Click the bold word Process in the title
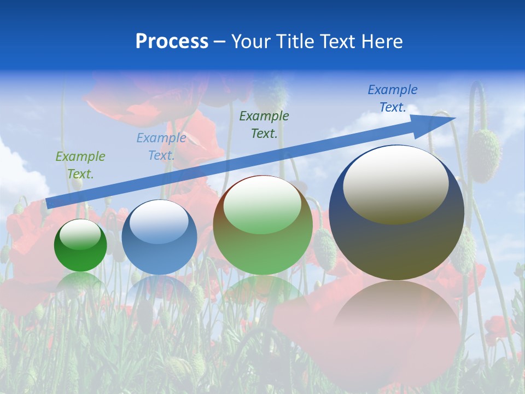(x=172, y=41)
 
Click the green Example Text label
(x=80, y=165)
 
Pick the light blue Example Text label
(x=161, y=146)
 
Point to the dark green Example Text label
(x=264, y=124)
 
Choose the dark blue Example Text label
(x=393, y=98)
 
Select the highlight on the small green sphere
(x=80, y=234)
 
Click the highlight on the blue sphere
(x=159, y=222)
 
